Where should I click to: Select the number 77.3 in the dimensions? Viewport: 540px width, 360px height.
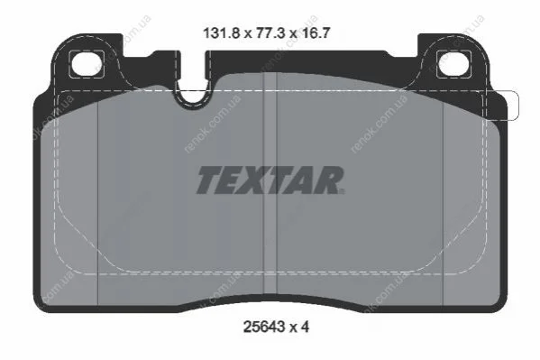270,33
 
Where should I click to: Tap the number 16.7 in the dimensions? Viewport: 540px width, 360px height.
316,33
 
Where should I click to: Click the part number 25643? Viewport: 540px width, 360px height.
264,327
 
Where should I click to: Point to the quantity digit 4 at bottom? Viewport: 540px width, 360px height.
305,327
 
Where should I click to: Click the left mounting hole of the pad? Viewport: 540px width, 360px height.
87,64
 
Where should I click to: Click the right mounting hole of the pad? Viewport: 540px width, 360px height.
453,64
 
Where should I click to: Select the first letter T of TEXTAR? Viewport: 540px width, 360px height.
210,180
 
